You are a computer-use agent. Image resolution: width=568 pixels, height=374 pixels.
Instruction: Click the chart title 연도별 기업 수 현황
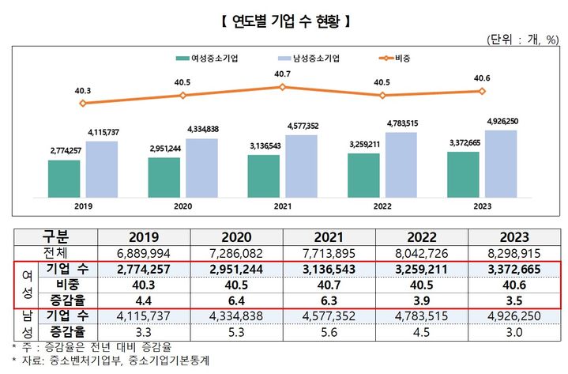point(283,18)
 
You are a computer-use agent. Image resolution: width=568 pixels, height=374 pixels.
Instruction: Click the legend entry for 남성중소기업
point(314,58)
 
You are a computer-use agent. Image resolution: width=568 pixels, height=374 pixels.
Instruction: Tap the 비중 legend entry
point(403,58)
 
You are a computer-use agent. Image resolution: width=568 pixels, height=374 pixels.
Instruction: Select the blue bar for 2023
point(501,164)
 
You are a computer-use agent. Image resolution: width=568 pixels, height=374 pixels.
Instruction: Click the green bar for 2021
point(263,176)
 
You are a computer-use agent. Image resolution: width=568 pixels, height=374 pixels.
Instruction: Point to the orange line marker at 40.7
point(282,86)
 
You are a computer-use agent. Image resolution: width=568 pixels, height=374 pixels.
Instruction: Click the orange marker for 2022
point(382,95)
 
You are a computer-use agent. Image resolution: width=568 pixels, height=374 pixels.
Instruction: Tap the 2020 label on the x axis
point(182,206)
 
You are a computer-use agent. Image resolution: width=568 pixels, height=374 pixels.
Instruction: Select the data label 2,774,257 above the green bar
point(64,150)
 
